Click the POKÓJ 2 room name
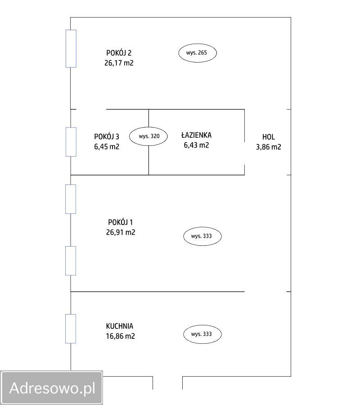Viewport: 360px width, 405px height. coord(119,53)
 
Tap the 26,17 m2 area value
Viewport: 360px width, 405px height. coord(119,63)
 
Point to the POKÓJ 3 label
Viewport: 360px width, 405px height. coord(106,136)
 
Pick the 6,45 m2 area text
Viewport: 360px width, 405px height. coord(106,146)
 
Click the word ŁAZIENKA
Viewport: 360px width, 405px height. coord(196,135)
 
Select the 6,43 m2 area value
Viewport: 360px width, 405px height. coord(196,145)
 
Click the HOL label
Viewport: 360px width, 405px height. coord(268,137)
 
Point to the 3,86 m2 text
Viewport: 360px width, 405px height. coord(268,147)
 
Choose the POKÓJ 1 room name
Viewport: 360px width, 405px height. coord(120,222)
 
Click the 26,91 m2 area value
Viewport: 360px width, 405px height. coord(120,232)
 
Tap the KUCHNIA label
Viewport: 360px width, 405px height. coord(120,326)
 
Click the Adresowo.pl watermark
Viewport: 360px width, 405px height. coord(52,388)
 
